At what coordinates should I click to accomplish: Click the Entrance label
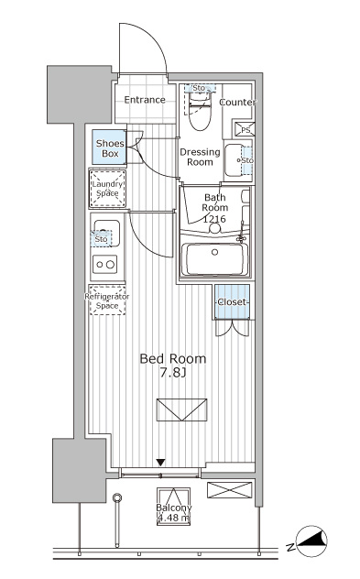[x=145, y=100]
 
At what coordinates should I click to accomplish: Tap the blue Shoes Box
[x=109, y=147]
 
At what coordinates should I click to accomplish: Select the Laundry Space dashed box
[x=107, y=189]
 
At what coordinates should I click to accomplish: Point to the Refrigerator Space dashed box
[x=107, y=300]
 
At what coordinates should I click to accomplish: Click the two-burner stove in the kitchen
[x=105, y=265]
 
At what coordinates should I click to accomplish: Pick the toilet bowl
[x=200, y=112]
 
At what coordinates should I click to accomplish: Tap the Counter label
[x=238, y=103]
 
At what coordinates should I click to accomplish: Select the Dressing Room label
[x=200, y=157]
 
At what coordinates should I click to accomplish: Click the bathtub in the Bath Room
[x=215, y=259]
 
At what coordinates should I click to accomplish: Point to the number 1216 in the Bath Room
[x=214, y=219]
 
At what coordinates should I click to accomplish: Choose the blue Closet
[x=233, y=301]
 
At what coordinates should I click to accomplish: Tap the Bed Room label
[x=173, y=358]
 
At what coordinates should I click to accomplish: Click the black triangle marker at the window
[x=160, y=463]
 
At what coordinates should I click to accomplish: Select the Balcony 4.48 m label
[x=173, y=513]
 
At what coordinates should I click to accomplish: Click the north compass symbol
[x=312, y=541]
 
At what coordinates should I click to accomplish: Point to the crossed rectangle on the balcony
[x=229, y=490]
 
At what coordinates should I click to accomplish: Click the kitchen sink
[x=106, y=234]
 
